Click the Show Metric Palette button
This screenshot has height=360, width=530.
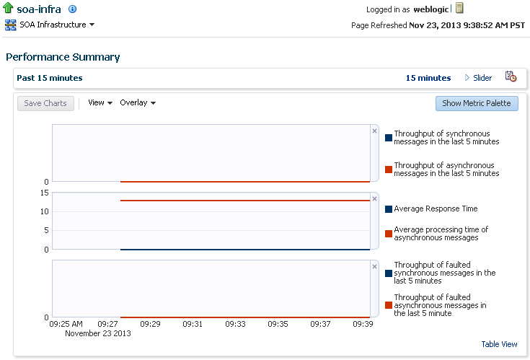coord(477,103)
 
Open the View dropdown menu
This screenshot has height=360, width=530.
coord(100,102)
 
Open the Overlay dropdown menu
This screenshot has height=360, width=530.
coord(138,102)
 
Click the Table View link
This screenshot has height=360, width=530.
coord(499,344)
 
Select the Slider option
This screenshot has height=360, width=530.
coord(478,78)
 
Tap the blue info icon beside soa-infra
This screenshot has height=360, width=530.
coord(72,9)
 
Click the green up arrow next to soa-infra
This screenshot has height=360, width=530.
coord(9,9)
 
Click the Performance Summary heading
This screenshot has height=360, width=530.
coord(63,57)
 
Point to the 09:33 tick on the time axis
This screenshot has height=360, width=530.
coord(235,324)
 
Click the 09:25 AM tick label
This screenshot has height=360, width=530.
coord(66,324)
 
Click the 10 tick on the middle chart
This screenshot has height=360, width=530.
coord(45,211)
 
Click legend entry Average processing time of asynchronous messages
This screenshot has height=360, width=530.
coord(441,234)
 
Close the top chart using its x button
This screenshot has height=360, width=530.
coord(374,131)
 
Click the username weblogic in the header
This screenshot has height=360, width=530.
coord(431,9)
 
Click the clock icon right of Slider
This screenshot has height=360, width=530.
coord(511,76)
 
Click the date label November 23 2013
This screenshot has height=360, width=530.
coord(98,333)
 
